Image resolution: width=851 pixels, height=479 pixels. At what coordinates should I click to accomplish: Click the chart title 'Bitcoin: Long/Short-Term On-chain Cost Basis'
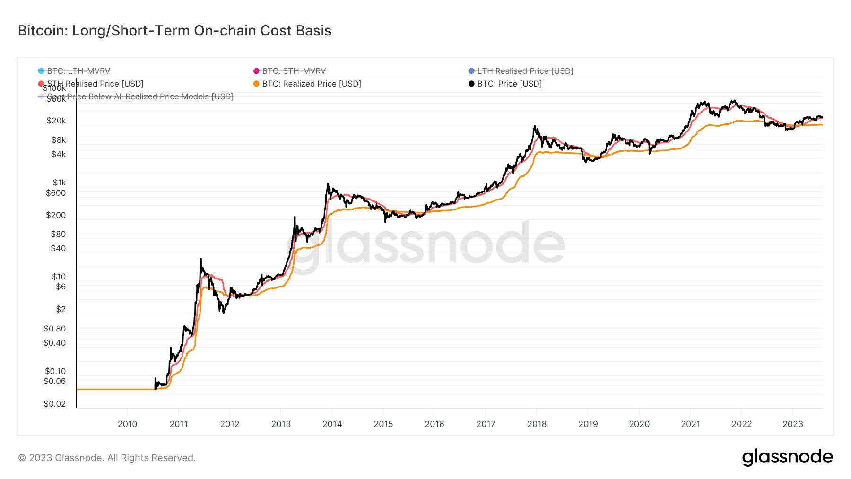coord(174,31)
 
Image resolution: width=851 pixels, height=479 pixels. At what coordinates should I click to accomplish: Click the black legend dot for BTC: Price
coord(471,84)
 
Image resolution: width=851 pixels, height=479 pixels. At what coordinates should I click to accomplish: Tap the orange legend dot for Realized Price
coord(256,84)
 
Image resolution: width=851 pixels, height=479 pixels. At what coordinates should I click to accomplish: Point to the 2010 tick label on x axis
coord(127,424)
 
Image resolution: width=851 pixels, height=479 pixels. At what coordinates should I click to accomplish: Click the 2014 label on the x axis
coord(332,424)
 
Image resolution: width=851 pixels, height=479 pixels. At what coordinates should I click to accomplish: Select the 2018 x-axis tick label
coord(537,424)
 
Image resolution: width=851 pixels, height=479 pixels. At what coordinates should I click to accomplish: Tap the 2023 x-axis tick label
coord(792,424)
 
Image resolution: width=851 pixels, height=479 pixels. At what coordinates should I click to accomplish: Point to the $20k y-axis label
coord(56,121)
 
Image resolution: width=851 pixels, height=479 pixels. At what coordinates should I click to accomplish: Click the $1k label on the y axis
coord(59,183)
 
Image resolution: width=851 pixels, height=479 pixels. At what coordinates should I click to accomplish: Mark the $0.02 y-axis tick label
coord(55,404)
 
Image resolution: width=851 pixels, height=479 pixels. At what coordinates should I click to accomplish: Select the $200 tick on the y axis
coord(56,215)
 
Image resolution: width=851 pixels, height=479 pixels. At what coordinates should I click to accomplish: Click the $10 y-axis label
coord(59,277)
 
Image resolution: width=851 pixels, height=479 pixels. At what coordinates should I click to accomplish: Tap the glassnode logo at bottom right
coord(787,457)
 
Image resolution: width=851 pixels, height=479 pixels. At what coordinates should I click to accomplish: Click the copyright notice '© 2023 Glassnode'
coord(107,458)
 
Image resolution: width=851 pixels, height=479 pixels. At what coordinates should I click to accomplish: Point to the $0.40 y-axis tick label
coord(55,343)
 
